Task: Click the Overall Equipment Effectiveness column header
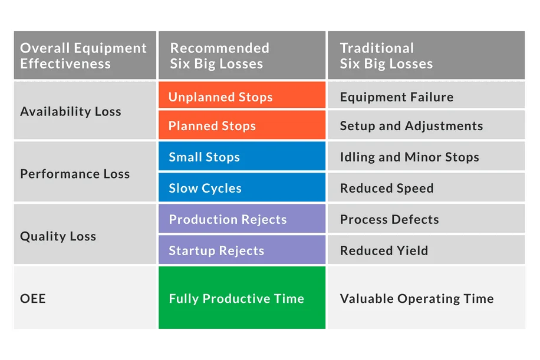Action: click(x=85, y=55)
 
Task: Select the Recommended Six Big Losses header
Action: click(x=242, y=55)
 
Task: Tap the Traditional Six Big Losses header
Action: click(x=426, y=55)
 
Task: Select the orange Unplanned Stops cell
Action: click(x=242, y=95)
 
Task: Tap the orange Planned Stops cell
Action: click(x=242, y=124)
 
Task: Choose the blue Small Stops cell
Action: click(x=242, y=156)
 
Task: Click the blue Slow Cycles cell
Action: click(x=242, y=187)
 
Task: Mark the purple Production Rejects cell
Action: click(x=242, y=218)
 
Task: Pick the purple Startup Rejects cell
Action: click(x=242, y=249)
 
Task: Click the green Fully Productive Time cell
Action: click(x=242, y=298)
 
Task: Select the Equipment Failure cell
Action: click(x=426, y=95)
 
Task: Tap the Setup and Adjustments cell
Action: click(x=426, y=124)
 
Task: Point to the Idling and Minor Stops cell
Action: click(x=426, y=156)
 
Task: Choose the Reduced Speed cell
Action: click(x=426, y=187)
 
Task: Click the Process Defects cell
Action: click(x=426, y=218)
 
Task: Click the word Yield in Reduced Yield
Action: click(x=412, y=250)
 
